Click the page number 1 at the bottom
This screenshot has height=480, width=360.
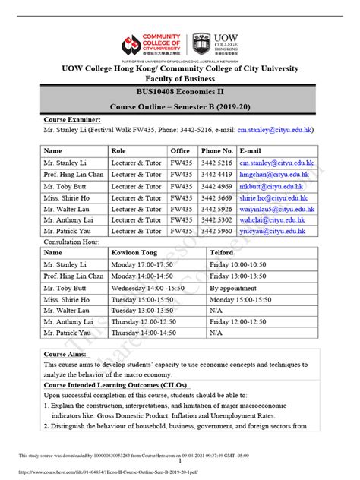(x=180, y=461)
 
